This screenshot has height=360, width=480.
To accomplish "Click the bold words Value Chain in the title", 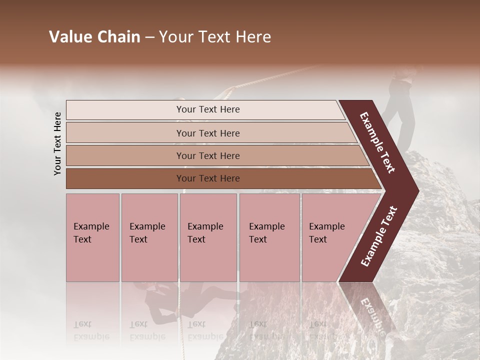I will coord(94,37).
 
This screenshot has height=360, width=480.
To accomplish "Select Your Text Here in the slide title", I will coord(215,37).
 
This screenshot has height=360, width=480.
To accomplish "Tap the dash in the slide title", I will coord(149,37).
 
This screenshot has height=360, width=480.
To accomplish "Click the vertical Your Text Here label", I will coord(57,144).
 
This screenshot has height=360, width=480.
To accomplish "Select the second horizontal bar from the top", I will coord(207,133).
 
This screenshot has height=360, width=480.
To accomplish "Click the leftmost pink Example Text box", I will coord(92,237).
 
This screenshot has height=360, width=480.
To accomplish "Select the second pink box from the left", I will coord(149,237).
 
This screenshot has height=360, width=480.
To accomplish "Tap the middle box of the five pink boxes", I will coord(208,237).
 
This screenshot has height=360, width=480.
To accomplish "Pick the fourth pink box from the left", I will coord(269,237).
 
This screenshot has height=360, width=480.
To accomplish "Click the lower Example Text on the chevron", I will coord(379,236).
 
